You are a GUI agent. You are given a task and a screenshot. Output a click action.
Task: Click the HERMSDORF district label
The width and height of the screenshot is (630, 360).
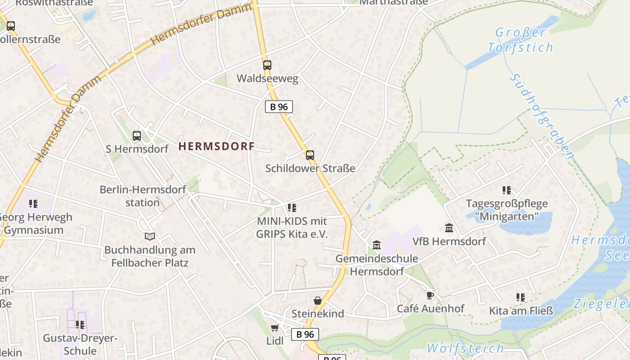[x=216, y=146]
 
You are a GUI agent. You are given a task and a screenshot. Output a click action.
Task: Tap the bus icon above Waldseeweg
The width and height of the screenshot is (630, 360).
[x=267, y=65]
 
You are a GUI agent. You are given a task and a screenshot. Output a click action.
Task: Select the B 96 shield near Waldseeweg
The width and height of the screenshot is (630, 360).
[x=279, y=107]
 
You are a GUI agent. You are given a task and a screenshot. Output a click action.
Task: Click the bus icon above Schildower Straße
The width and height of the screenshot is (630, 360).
[x=310, y=155]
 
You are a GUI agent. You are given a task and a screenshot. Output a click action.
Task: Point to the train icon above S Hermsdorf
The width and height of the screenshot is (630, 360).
[x=136, y=135]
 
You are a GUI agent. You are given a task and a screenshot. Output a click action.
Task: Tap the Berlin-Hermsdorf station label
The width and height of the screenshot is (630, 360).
[x=143, y=196]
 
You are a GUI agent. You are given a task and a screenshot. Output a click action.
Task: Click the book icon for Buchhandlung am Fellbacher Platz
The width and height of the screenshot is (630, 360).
[x=150, y=236]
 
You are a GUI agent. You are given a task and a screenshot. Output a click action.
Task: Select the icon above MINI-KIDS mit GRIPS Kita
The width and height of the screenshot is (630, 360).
[x=292, y=208]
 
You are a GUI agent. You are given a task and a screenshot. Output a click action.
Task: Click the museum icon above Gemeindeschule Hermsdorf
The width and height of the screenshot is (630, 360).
[x=377, y=245]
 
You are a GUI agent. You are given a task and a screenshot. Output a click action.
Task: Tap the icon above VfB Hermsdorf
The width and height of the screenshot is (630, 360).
[x=449, y=228]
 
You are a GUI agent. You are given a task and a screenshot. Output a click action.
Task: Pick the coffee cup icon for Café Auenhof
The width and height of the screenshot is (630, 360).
[x=430, y=296]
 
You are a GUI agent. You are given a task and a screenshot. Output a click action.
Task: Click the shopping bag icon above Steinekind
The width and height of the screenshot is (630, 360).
[x=318, y=301]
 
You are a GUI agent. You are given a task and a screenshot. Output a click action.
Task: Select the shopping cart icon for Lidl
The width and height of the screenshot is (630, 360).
[x=274, y=328]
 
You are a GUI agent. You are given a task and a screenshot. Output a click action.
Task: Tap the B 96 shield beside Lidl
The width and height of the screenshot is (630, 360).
[x=306, y=334]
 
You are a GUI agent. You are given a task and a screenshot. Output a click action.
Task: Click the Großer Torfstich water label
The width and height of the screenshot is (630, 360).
[x=521, y=40]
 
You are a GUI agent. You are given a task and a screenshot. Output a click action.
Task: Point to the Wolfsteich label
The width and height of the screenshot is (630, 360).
[x=465, y=348]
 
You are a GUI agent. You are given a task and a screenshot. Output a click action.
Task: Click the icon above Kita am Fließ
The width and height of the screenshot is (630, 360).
[x=521, y=297]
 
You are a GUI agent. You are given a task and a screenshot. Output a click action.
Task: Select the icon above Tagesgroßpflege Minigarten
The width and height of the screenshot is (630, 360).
[x=507, y=190]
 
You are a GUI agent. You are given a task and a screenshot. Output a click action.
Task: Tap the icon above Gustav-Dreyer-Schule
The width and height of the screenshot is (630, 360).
[x=80, y=325]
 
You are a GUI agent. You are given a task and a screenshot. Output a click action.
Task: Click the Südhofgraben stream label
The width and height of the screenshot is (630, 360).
[x=542, y=116]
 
